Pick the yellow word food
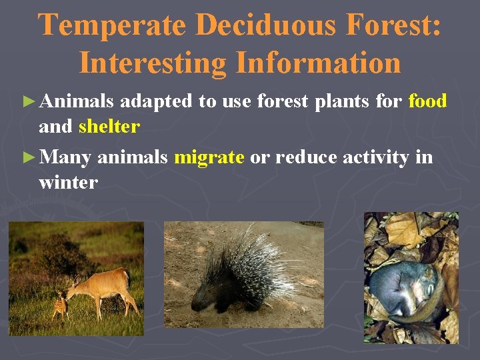[427, 101]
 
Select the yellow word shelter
[109, 126]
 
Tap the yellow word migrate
[209, 157]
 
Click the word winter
[68, 182]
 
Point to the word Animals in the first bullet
[77, 101]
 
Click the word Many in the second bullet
[65, 157]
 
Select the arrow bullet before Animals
[27, 102]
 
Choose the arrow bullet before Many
[27, 158]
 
